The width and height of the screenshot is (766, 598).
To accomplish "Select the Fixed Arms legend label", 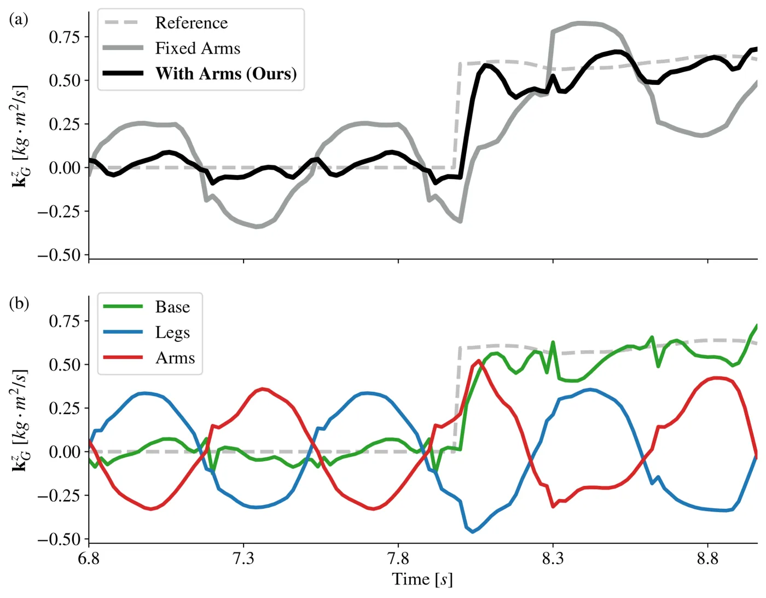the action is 198,48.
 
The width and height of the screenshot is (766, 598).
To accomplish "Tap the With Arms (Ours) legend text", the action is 226,74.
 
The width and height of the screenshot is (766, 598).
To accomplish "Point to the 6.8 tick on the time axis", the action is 89,559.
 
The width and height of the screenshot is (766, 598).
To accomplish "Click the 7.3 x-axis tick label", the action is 243,559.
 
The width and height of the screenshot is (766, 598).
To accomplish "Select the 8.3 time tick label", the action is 553,559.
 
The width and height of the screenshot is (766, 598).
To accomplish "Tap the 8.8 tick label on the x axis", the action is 708,559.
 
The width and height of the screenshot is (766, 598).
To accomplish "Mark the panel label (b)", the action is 19,304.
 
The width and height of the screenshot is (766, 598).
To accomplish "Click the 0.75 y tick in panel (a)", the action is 64,37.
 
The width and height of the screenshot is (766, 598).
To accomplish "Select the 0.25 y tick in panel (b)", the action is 64,408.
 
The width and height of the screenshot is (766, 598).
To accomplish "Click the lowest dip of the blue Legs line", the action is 473,532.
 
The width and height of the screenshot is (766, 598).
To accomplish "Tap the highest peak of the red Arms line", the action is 478,361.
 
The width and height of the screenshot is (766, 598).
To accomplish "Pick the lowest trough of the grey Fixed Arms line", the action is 257,227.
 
